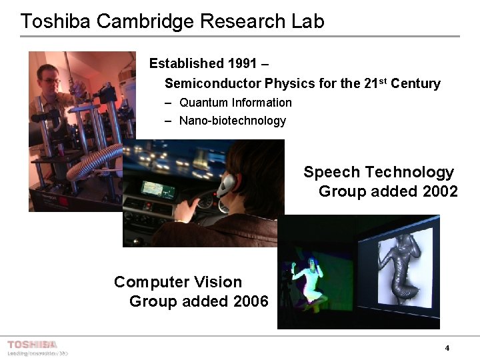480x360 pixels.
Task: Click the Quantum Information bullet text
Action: coord(235,103)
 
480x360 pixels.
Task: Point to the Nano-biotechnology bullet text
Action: coord(233,121)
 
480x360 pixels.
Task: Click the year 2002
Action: coord(440,192)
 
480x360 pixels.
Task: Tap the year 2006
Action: coord(251,301)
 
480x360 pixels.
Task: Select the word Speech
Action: coord(332,173)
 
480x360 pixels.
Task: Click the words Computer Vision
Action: coord(178,282)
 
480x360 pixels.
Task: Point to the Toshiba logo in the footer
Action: coord(32,345)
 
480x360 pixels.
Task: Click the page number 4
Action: coord(447,348)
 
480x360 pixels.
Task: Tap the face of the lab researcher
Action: coord(50,81)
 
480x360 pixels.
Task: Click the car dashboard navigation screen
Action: coord(158,191)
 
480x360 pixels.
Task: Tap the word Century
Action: coord(415,84)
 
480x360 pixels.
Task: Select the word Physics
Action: coord(289,84)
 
